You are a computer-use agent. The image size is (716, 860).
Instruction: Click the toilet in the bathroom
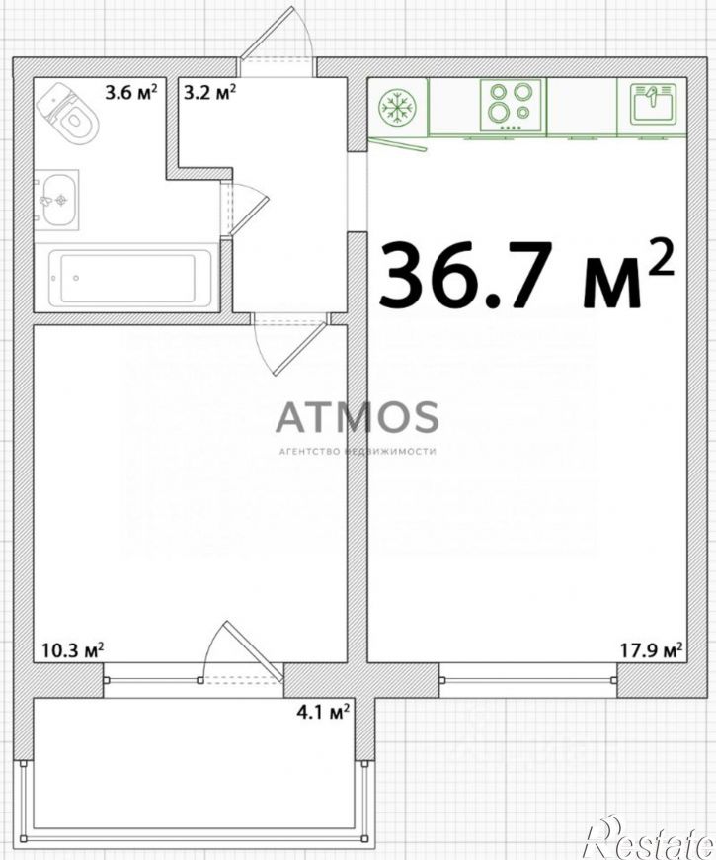tap(68, 113)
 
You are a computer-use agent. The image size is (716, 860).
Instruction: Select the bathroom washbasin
tap(57, 201)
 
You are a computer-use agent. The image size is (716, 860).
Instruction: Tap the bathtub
tap(129, 278)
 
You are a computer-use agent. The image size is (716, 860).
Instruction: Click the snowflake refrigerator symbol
tap(398, 107)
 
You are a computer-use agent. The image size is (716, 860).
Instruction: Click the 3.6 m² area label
tap(131, 92)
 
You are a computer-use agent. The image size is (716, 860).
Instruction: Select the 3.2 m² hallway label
tap(209, 92)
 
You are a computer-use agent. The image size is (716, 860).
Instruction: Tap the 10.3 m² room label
tap(73, 650)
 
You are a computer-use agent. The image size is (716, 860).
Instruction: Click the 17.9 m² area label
tap(652, 650)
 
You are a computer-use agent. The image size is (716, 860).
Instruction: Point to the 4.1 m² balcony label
tap(323, 712)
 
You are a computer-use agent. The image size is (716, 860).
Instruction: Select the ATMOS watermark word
tap(358, 417)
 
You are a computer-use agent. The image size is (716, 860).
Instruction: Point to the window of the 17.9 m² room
tap(528, 680)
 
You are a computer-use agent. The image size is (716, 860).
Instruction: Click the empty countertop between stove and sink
tap(582, 107)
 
